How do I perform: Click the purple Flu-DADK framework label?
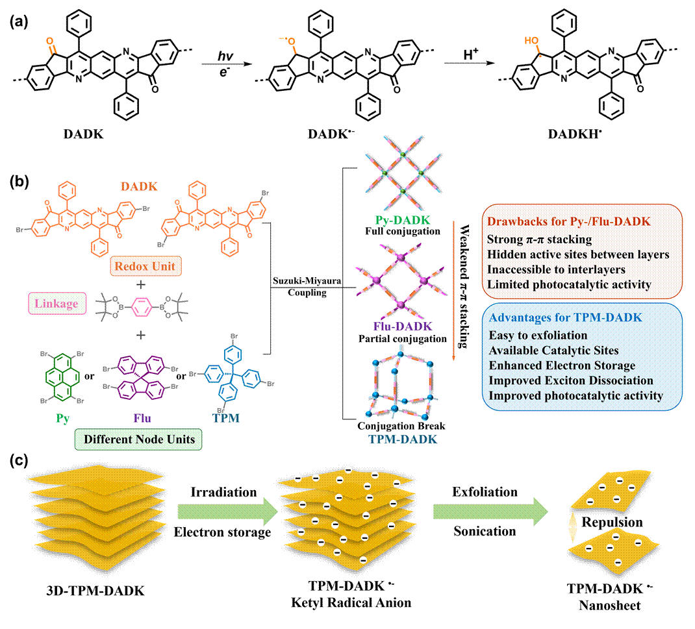(402, 327)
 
